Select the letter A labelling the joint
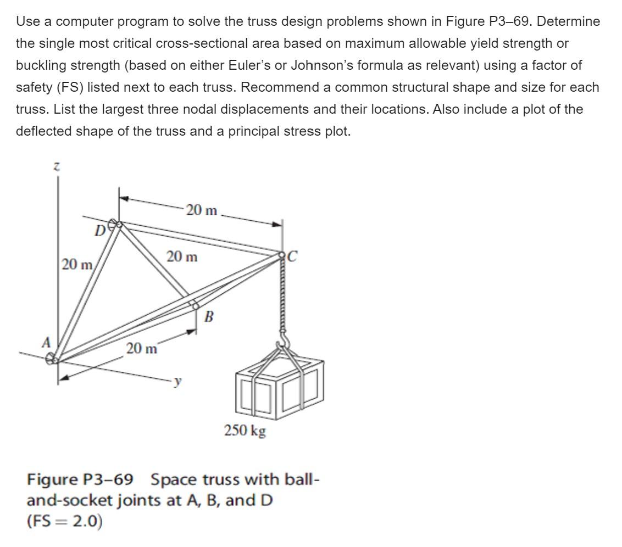click(x=47, y=342)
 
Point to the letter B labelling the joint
click(x=209, y=317)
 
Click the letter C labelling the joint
click(x=292, y=256)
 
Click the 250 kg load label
click(x=245, y=430)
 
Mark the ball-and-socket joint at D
click(x=114, y=225)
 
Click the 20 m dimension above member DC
click(x=202, y=210)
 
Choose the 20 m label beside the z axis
click(x=76, y=264)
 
